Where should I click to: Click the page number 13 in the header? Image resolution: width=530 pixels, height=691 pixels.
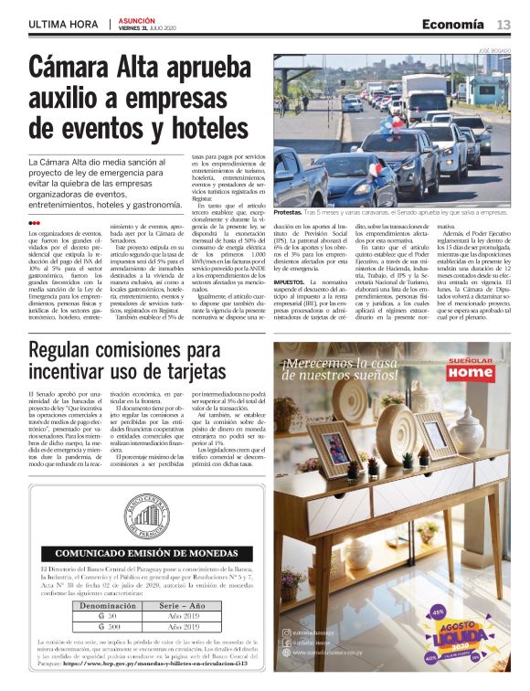[x=503, y=24]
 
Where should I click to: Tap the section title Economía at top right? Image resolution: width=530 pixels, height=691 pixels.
[x=452, y=24]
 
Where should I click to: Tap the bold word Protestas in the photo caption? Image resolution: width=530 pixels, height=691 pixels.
[x=291, y=211]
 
